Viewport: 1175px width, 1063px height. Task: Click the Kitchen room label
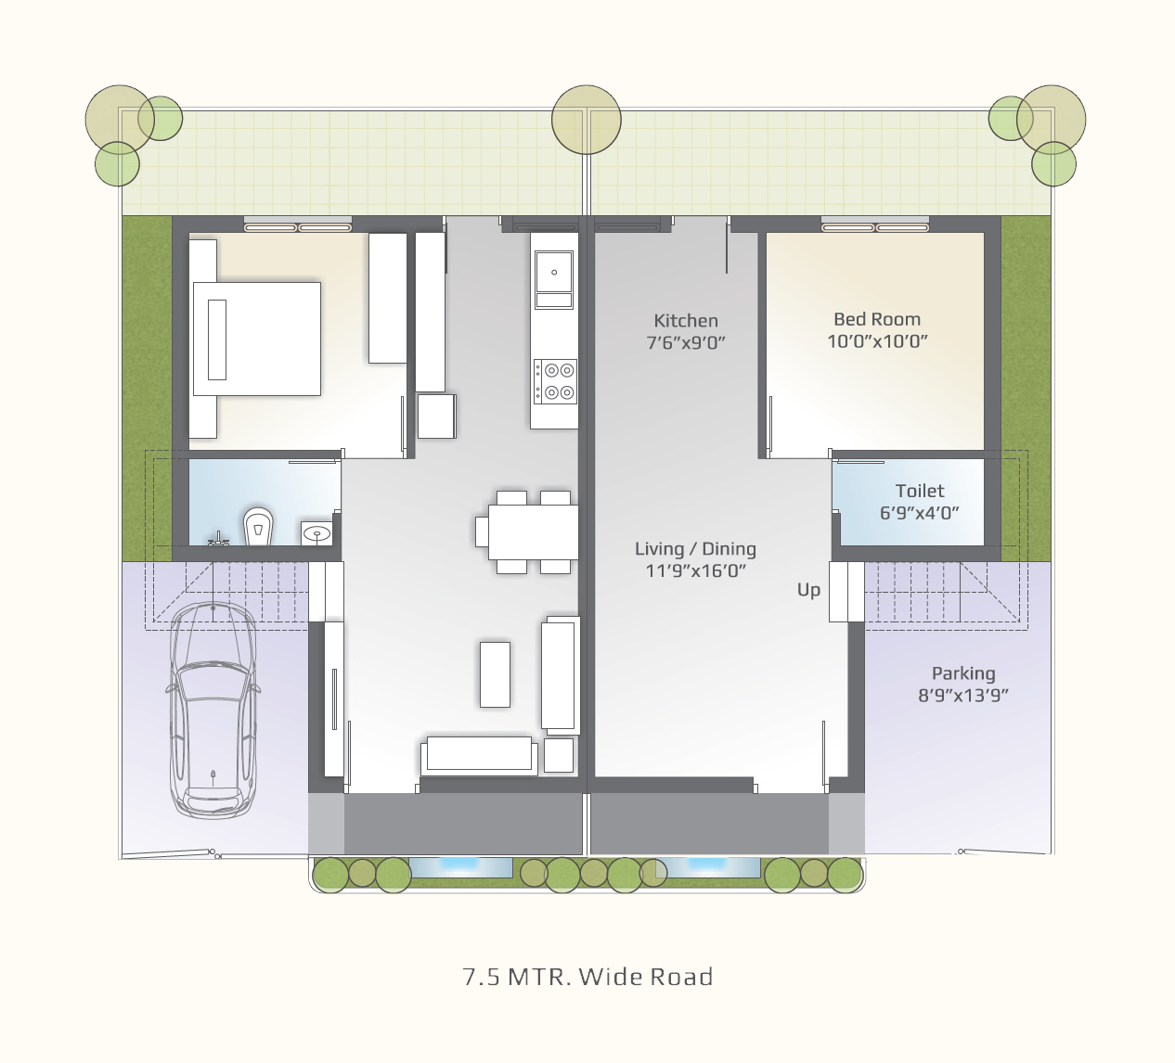pos(686,321)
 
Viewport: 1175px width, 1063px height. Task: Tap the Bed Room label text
pos(877,319)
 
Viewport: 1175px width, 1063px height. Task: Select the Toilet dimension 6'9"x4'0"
pos(919,513)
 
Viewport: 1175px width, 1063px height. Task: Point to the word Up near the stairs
pos(808,590)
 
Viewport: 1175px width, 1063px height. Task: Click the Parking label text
pos(963,674)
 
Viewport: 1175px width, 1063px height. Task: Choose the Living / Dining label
pos(695,549)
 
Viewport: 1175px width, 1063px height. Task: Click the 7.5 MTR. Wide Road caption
pos(587,977)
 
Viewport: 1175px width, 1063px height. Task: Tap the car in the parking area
pos(213,710)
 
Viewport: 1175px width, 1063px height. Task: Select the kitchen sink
pos(553,279)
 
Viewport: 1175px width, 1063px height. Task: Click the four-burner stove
pos(555,381)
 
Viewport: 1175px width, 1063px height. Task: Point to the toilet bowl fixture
pos(258,526)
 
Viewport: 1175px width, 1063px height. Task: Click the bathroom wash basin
pos(316,533)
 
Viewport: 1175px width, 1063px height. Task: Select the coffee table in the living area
pos(495,674)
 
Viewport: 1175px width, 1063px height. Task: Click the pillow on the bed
pos(217,339)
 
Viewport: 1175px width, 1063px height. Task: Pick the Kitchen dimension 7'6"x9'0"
pos(686,342)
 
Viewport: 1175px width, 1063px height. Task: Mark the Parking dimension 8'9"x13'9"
pos(963,695)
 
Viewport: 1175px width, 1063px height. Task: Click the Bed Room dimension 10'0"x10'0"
pos(877,340)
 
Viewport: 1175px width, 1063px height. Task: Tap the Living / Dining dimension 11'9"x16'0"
pos(696,570)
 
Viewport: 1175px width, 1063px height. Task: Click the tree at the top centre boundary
pos(587,120)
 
